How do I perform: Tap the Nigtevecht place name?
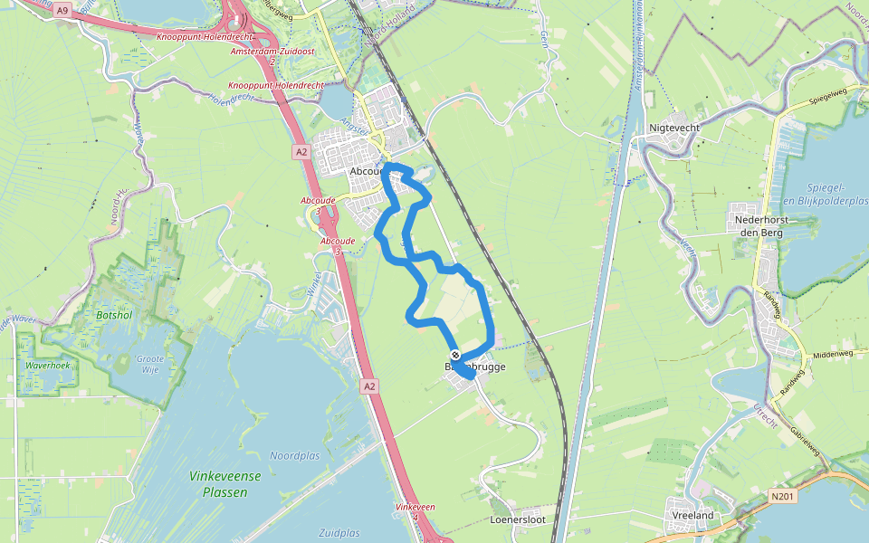674,128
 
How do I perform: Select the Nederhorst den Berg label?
758,225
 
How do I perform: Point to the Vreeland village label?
693,515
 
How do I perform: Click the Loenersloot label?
518,520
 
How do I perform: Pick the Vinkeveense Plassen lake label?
225,483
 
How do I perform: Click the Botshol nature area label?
113,316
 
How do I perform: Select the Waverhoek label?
48,367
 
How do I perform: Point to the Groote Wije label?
150,365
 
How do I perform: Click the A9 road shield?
62,10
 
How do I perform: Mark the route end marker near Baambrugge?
455,356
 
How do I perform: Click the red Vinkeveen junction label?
415,508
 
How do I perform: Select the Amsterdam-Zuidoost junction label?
272,52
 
